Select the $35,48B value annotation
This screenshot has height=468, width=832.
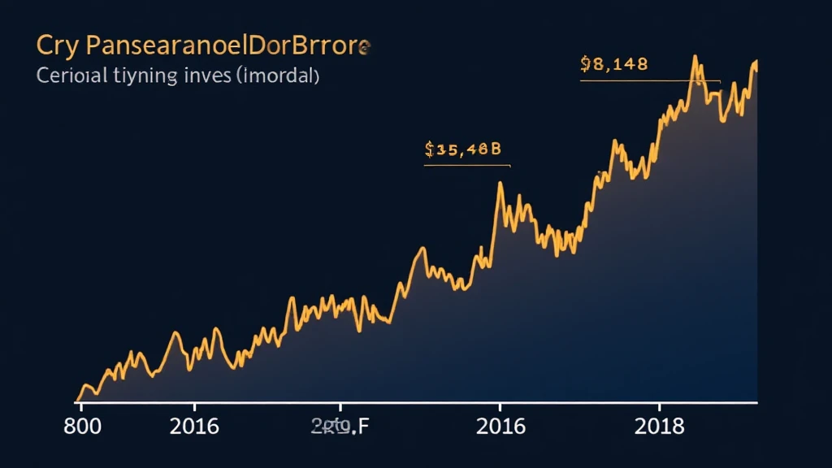[463, 149]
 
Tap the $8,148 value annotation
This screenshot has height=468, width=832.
[614, 65]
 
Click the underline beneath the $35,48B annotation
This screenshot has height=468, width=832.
[466, 166]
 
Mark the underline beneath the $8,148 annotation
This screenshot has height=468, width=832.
[650, 81]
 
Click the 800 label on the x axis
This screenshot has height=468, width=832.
[83, 427]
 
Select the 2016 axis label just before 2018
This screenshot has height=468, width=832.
[500, 427]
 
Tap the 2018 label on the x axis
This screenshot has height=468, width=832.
[659, 427]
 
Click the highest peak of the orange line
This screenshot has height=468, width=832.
[695, 57]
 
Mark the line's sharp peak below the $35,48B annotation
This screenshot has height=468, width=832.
[500, 183]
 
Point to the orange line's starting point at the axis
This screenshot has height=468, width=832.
[77, 401]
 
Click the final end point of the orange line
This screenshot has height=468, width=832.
[756, 62]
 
